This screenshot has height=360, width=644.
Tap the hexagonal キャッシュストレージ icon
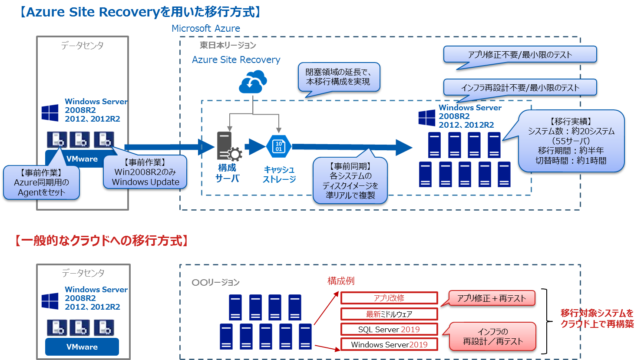click(x=278, y=146)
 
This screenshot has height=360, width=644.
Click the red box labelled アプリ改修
click(x=389, y=298)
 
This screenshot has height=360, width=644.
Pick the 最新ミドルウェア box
click(x=389, y=314)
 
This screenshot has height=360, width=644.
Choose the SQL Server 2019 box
click(x=389, y=329)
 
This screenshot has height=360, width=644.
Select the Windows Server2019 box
click(x=389, y=344)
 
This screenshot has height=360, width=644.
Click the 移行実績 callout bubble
click(x=571, y=141)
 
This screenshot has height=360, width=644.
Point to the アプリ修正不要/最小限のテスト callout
click(x=520, y=55)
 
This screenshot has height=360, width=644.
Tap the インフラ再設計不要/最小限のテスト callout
click(x=520, y=88)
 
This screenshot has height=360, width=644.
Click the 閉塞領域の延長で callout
click(x=338, y=77)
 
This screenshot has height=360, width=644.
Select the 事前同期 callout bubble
click(x=350, y=180)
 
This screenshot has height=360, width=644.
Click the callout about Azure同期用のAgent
click(x=41, y=182)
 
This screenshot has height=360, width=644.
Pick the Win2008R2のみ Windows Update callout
click(x=145, y=172)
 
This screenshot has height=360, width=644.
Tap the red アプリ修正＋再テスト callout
click(x=491, y=298)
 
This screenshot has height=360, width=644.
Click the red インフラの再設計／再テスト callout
click(x=492, y=337)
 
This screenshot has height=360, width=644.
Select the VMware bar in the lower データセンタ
click(x=82, y=347)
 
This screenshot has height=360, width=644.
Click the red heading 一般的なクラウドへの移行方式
click(x=101, y=241)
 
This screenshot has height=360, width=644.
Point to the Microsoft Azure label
click(x=206, y=29)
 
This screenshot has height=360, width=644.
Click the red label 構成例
click(x=341, y=281)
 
